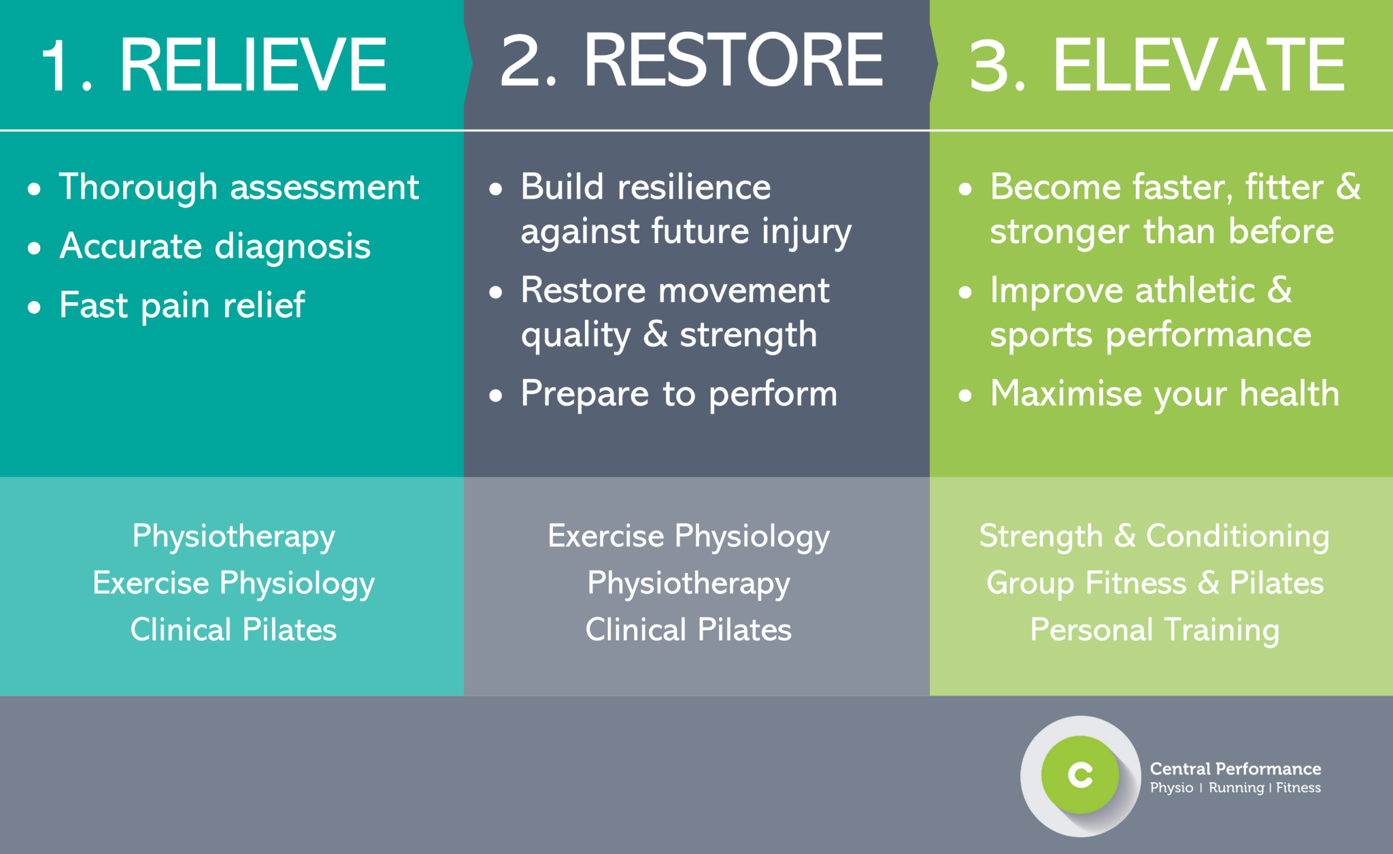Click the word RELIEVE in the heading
tap(253, 65)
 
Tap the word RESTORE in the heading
tap(733, 61)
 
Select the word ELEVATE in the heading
tap(1198, 65)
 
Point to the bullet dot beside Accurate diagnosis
tap(35, 248)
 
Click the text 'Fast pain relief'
tap(182, 306)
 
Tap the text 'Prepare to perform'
tap(678, 394)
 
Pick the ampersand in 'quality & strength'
tap(655, 333)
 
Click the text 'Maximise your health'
tap(1164, 394)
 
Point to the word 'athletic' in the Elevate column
tap(1195, 291)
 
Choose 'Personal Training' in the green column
tap(1154, 630)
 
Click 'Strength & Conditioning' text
tap(1154, 536)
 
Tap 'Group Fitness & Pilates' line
tap(1154, 583)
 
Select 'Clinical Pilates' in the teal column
tap(233, 630)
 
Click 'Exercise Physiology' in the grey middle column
tap(688, 536)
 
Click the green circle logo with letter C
tap(1080, 775)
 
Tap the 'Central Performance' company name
tap(1235, 769)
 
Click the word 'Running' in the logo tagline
tap(1236, 788)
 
